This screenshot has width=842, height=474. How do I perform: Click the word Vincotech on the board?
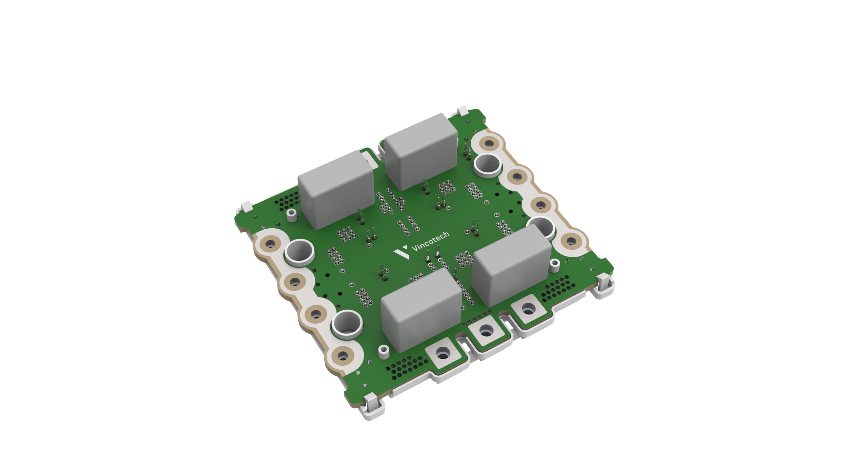point(430,241)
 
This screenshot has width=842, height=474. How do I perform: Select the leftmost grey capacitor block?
point(336,190)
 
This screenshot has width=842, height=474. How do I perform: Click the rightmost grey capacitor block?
point(512,266)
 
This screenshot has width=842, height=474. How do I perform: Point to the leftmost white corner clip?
point(247,208)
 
